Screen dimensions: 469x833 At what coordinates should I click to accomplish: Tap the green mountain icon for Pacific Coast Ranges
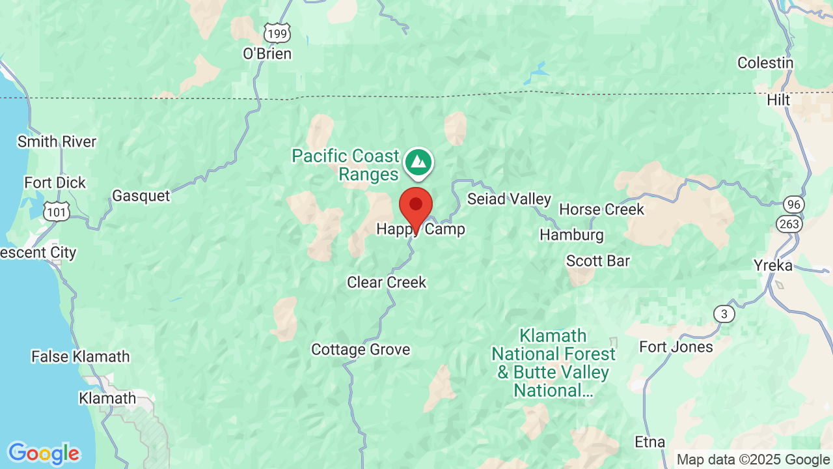pos(418,161)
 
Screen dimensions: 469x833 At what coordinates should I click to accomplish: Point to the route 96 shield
pos(794,204)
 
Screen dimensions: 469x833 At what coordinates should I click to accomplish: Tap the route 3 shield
pos(724,314)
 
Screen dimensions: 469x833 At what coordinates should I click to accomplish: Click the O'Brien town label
pos(267,53)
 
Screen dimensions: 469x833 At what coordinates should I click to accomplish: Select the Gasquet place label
pos(141,195)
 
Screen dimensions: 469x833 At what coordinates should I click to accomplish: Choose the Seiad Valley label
pos(509,199)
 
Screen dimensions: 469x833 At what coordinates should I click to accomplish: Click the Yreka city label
pos(773,265)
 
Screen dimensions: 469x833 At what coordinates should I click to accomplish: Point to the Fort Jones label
pos(676,347)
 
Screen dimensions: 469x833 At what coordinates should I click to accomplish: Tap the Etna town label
pos(649,442)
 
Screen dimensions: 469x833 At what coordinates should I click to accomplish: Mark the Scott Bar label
pos(598,261)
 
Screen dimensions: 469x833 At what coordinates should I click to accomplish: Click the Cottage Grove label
pos(361,349)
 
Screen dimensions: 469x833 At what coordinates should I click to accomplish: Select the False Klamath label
pos(81,356)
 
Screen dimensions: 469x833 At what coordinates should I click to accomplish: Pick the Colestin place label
pos(765,63)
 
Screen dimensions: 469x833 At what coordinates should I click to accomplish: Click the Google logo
pos(43,453)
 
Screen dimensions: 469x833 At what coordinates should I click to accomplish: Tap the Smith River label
pos(57,141)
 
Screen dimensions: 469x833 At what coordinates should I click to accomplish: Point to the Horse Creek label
pos(601,209)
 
